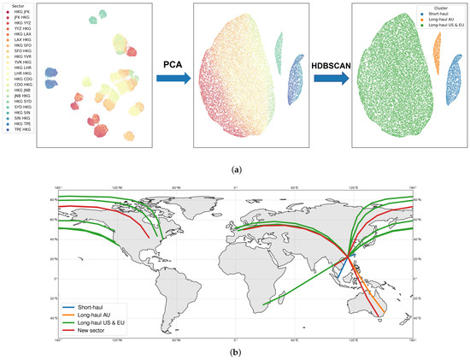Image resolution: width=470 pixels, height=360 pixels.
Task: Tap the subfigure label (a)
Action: point(235,168)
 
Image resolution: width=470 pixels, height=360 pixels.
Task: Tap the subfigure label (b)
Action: point(235,353)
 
